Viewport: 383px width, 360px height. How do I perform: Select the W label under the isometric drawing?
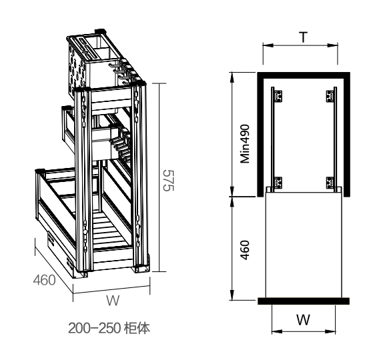[x=113, y=301]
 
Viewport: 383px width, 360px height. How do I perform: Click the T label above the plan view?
[x=304, y=37]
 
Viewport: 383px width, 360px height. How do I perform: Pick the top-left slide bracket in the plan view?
[x=278, y=96]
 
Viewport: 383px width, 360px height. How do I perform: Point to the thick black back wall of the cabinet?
[x=304, y=73]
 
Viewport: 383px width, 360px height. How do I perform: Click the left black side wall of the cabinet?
[x=261, y=133]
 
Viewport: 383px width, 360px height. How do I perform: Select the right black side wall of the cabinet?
[x=347, y=133]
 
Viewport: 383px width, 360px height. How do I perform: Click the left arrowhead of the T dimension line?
[x=264, y=45]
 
